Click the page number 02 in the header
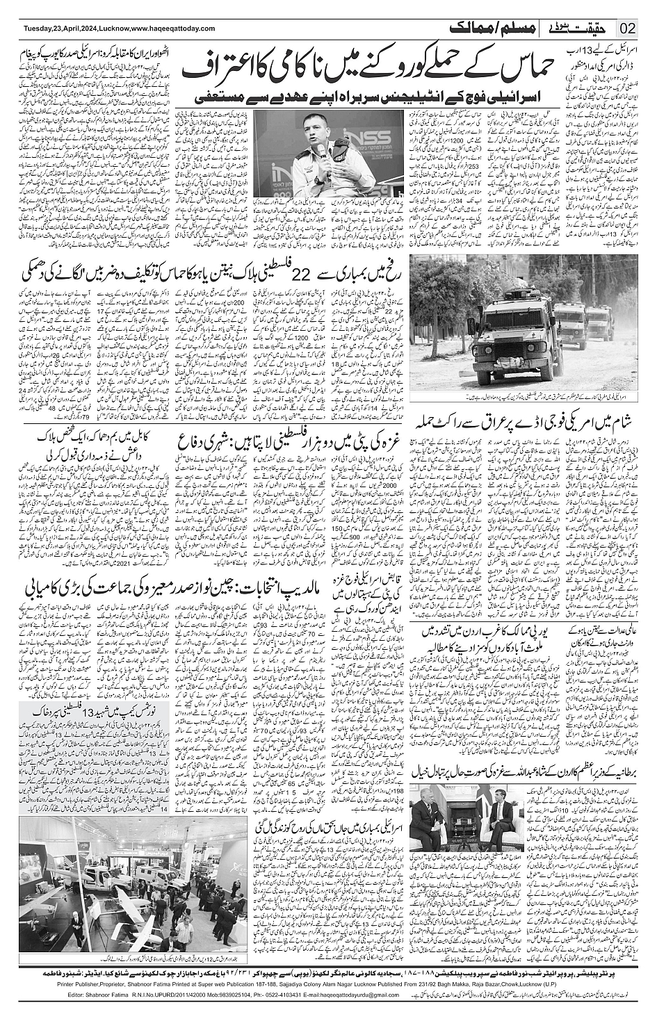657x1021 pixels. point(628,28)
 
